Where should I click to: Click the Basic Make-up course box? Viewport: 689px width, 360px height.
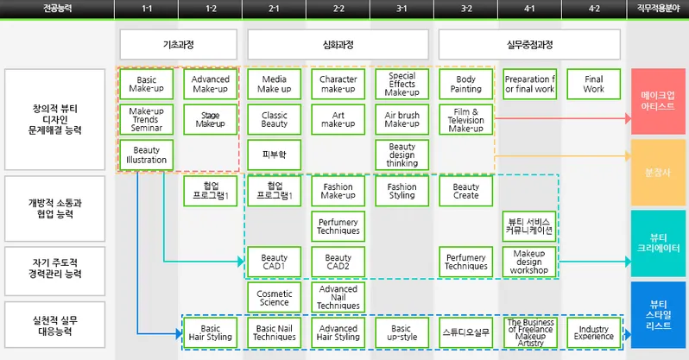(147, 85)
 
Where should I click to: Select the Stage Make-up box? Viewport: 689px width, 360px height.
(211, 120)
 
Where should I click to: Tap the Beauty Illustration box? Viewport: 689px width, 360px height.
(147, 155)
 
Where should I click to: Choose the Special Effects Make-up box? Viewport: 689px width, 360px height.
(401, 85)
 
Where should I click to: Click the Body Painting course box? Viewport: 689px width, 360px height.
(466, 85)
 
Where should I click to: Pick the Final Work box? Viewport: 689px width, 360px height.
(594, 85)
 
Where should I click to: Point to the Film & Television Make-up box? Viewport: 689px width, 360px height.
(466, 120)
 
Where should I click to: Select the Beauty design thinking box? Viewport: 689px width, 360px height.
(401, 155)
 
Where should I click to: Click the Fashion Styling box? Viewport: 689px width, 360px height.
(401, 191)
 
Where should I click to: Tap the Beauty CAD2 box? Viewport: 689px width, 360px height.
(338, 262)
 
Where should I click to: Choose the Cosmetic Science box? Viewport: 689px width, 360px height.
(274, 298)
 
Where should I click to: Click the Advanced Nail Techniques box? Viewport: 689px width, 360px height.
(338, 298)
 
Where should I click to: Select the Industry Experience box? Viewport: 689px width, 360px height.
(594, 332)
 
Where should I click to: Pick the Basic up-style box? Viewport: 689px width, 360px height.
(401, 332)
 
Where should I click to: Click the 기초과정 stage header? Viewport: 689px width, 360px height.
(179, 44)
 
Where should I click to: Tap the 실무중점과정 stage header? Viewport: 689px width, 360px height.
(529, 44)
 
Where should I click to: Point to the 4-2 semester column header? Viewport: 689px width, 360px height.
(594, 9)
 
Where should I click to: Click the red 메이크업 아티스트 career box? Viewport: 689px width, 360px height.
(659, 100)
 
